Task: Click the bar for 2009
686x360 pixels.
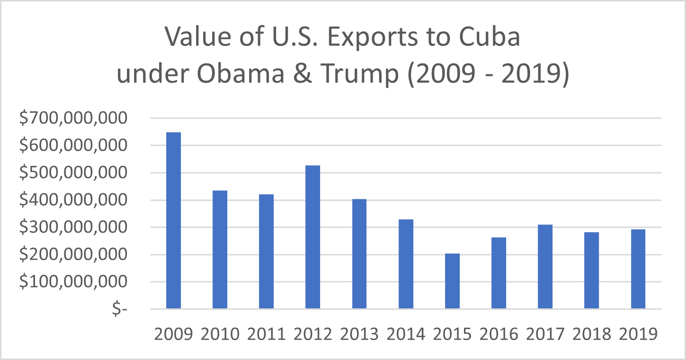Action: (173, 221)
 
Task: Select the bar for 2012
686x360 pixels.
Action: (312, 237)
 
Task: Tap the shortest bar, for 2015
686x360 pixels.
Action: (452, 281)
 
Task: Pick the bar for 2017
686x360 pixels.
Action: (545, 267)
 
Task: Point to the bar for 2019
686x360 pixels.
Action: (638, 269)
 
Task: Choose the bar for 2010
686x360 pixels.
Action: (220, 250)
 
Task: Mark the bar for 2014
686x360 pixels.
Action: (406, 264)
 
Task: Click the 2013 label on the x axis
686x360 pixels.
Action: (359, 334)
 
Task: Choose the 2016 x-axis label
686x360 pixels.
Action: (499, 334)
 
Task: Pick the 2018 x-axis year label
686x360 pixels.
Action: (591, 334)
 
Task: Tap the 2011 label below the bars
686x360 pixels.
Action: (266, 334)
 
